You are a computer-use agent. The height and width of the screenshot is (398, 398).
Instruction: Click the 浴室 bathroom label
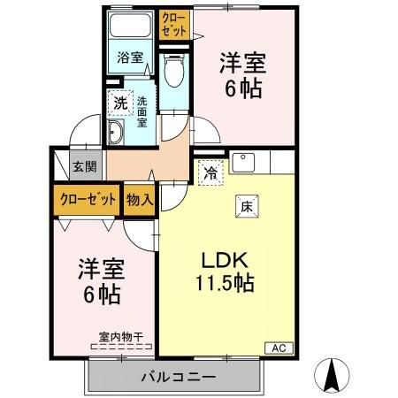pyautogui.click(x=130, y=58)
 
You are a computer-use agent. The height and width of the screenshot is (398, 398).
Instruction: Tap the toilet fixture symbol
pyautogui.click(x=173, y=71)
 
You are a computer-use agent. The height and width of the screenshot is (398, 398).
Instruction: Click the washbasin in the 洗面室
pyautogui.click(x=118, y=134)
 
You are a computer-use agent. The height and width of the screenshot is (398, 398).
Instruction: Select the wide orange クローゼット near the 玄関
pyautogui.click(x=88, y=199)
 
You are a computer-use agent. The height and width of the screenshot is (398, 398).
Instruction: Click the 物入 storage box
pyautogui.click(x=140, y=199)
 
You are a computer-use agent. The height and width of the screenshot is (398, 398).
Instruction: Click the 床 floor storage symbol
pyautogui.click(x=247, y=206)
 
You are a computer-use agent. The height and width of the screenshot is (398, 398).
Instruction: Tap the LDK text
pyautogui.click(x=226, y=263)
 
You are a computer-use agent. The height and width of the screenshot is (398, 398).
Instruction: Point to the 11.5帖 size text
pyautogui.click(x=226, y=284)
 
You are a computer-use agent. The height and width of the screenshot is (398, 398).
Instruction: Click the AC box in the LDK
pyautogui.click(x=277, y=347)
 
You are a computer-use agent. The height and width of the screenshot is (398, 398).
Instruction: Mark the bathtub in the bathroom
pyautogui.click(x=130, y=27)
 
